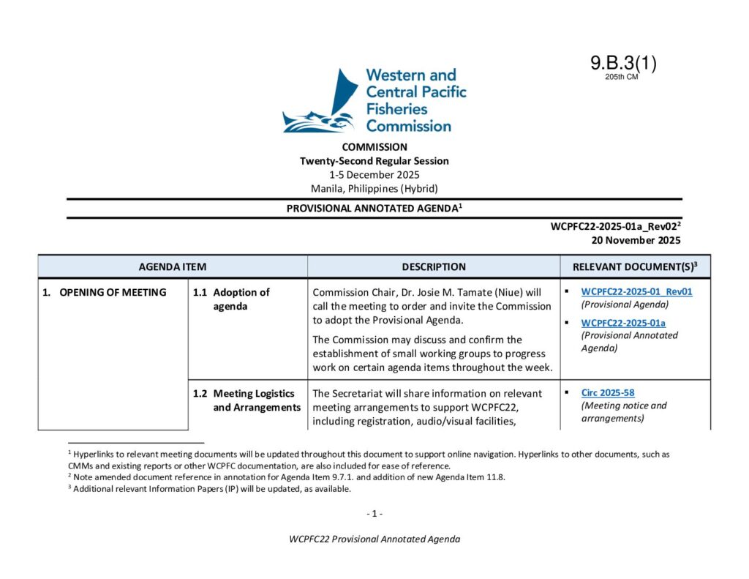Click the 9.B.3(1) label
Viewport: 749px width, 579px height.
click(623, 64)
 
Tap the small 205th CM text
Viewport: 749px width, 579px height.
click(622, 77)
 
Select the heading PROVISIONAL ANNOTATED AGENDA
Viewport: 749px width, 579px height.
click(374, 209)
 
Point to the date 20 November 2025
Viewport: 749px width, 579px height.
click(636, 240)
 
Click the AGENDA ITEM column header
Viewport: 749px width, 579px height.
click(173, 267)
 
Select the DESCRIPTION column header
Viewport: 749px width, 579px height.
click(434, 267)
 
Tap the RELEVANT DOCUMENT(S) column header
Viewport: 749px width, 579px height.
click(635, 267)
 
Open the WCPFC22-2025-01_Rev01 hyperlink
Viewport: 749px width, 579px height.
click(636, 291)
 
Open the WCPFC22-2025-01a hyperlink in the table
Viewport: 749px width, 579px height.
click(623, 323)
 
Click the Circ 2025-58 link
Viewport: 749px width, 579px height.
click(608, 393)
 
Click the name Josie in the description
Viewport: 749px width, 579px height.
click(443, 293)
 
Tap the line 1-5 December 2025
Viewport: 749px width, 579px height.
click(374, 174)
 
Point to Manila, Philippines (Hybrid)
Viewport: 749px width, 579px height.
click(374, 188)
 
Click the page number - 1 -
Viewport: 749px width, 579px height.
click(374, 514)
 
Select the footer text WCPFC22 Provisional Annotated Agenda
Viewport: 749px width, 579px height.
click(374, 539)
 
